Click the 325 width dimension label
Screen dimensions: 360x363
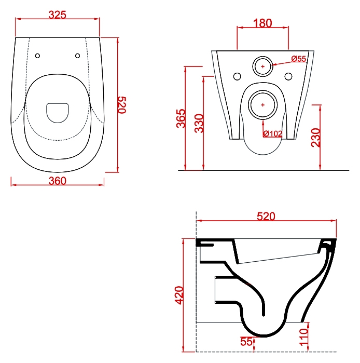click(x=58, y=15)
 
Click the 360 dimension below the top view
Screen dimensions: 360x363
click(x=58, y=181)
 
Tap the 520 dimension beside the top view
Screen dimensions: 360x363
click(x=122, y=105)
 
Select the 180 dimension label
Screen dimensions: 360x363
click(x=262, y=23)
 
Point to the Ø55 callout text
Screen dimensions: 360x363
click(x=298, y=59)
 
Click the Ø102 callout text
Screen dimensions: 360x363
click(x=273, y=133)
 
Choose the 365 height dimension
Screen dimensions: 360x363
click(x=181, y=118)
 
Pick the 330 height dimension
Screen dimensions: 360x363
click(x=199, y=123)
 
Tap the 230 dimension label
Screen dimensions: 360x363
click(x=316, y=138)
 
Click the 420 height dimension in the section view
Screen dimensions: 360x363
click(x=179, y=295)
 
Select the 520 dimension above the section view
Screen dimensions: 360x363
click(x=266, y=217)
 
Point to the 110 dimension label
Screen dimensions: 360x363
click(x=304, y=337)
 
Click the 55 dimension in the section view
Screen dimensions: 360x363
click(x=246, y=342)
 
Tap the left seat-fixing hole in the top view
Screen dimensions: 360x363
click(x=37, y=56)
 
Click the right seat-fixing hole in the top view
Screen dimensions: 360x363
click(x=78, y=56)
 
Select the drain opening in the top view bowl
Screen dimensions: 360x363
click(x=58, y=113)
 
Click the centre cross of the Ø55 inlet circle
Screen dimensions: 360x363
click(x=263, y=66)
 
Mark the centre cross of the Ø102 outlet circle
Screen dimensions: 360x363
click(x=263, y=105)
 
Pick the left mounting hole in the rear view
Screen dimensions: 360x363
click(x=237, y=76)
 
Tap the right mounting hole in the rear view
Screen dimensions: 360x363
click(x=288, y=76)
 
